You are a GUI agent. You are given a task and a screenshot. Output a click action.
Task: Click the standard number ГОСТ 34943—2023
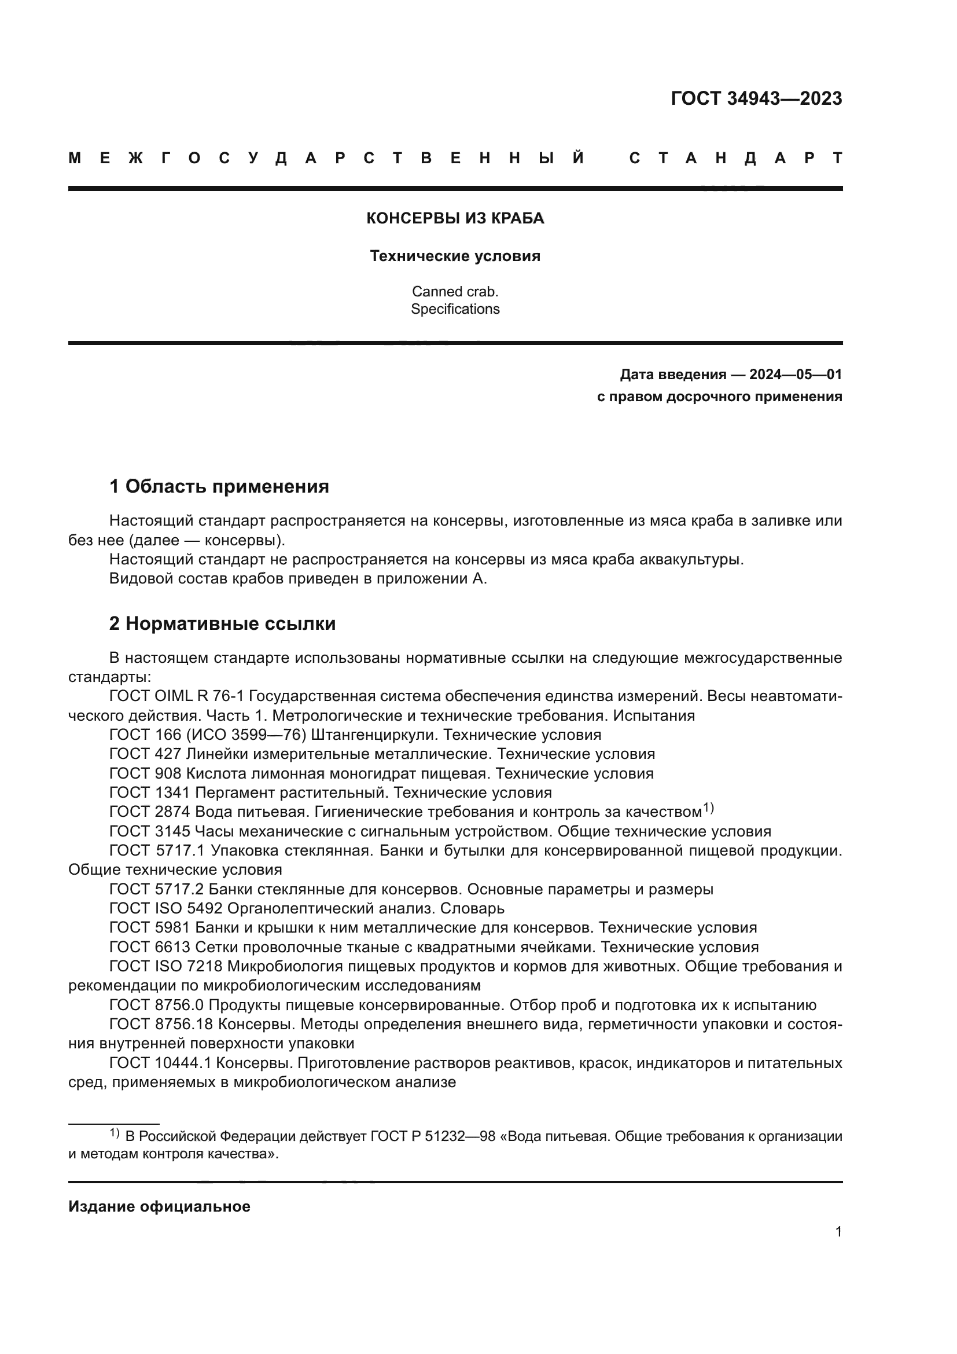coord(756,98)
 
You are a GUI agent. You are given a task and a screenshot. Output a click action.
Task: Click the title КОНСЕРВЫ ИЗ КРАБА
coord(455,219)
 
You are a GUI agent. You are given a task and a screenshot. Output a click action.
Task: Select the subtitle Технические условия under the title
coord(455,256)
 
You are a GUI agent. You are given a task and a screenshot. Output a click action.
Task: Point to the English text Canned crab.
coord(455,291)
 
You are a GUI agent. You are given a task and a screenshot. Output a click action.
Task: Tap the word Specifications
coord(455,309)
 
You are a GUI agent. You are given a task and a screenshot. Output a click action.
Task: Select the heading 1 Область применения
coord(219,486)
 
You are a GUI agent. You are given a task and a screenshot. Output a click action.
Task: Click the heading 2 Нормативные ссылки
coord(222,624)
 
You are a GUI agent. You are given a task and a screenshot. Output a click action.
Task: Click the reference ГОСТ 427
coord(145,754)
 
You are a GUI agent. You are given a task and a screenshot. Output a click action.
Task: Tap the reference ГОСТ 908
coord(145,774)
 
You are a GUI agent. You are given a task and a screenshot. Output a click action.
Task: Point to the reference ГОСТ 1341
coord(150,792)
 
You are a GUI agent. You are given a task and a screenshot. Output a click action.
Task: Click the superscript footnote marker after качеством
coord(708,809)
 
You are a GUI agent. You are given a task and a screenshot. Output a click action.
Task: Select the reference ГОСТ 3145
coord(150,831)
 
